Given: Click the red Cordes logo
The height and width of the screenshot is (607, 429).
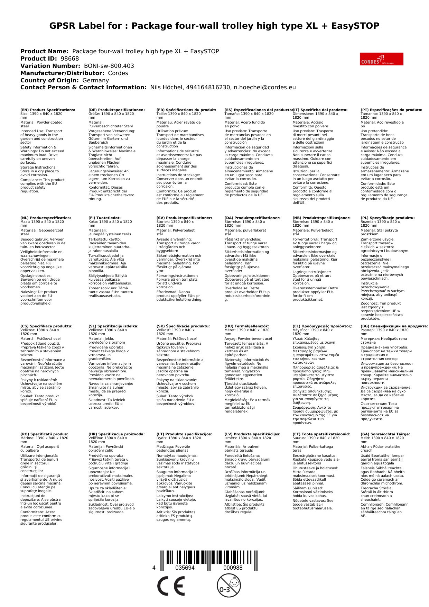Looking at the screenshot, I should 381,59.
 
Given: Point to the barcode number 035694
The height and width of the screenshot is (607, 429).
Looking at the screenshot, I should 185,568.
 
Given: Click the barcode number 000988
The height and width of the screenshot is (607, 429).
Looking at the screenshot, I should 233,568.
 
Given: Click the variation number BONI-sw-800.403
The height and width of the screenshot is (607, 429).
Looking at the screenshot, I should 109,66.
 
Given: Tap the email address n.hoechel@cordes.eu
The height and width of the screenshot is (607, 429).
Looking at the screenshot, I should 265,88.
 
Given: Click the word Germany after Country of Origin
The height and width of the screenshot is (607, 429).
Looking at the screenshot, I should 95,80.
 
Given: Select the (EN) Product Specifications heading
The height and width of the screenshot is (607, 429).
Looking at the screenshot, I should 48,110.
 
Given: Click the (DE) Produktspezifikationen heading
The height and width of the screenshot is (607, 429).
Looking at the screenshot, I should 116,110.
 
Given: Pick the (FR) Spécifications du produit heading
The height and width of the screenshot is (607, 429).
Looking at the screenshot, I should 186,110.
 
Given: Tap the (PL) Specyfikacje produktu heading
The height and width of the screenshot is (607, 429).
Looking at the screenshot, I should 388,218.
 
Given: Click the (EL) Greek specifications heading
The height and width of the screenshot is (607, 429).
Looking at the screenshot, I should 322,326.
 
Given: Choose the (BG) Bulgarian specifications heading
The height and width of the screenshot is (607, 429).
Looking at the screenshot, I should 394,326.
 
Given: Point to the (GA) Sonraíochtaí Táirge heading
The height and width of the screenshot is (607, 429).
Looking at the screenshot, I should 385,434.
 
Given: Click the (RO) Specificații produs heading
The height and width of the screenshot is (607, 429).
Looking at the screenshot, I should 44,434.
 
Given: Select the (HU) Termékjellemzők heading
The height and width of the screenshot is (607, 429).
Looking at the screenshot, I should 246,326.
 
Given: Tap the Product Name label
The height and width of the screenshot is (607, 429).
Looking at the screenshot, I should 45,52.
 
